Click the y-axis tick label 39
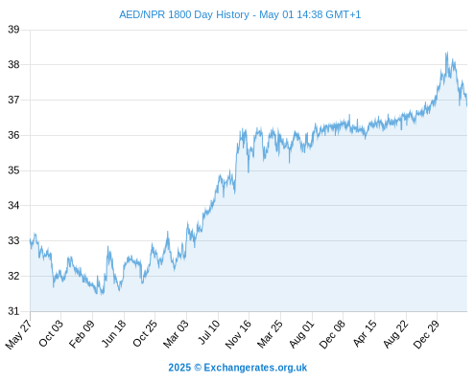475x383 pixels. coord(13,30)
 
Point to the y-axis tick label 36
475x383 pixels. coord(13,135)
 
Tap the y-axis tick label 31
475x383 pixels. coord(13,311)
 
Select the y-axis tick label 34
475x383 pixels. coord(13,206)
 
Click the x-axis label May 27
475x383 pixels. coord(18,334)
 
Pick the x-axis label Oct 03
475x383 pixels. coord(51,333)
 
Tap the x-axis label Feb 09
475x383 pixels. coord(82,333)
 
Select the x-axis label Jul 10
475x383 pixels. coord(209,332)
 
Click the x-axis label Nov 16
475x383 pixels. coord(238,334)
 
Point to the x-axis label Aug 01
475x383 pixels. coord(301,334)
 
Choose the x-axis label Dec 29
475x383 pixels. coord(426,334)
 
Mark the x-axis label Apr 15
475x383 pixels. coord(365,333)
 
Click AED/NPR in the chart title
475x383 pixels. coord(142,14)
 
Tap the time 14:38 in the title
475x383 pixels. coord(310,14)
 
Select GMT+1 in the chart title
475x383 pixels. coord(344,14)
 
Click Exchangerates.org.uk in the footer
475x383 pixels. coord(255,368)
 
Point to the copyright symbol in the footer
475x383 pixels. coord(198,368)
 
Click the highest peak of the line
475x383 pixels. coord(447,52)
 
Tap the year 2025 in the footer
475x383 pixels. coord(179,368)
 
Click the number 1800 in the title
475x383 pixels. coord(179,14)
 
